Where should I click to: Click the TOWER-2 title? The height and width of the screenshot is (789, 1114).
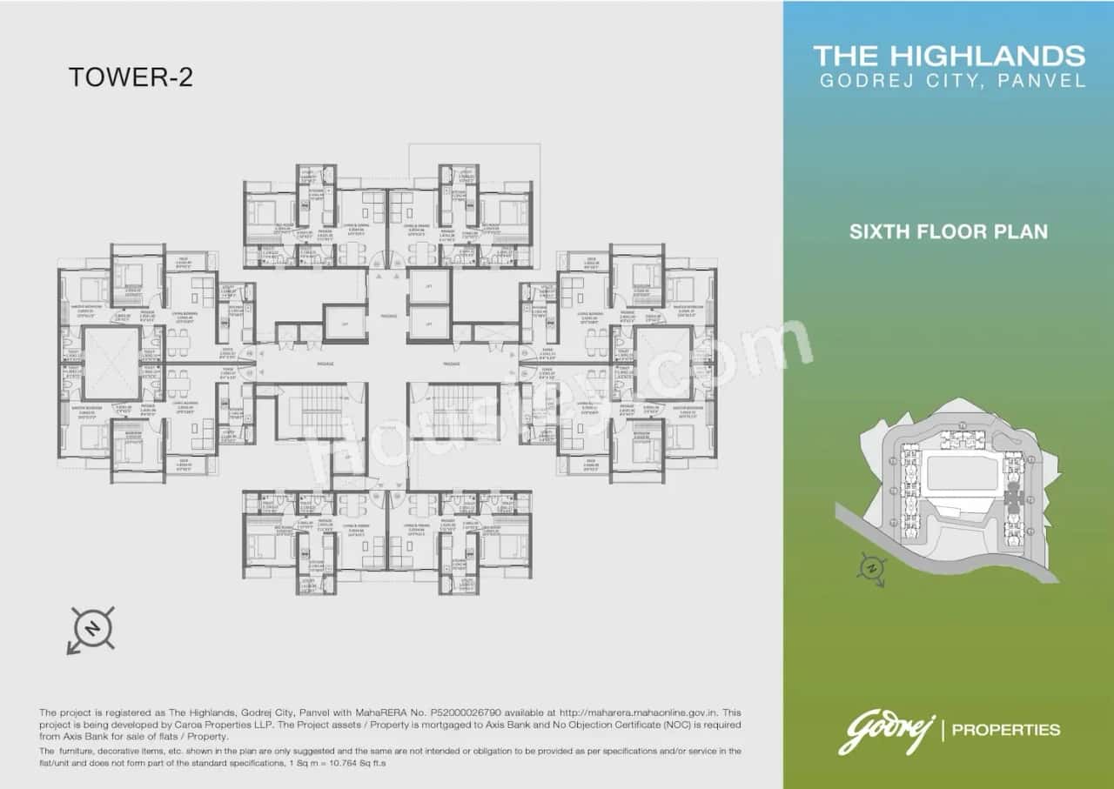(x=131, y=77)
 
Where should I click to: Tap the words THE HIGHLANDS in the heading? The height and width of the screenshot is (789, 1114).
(x=950, y=57)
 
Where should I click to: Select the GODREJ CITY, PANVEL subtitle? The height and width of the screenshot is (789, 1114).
(x=953, y=81)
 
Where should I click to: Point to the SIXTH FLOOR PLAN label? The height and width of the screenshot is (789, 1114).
(x=949, y=232)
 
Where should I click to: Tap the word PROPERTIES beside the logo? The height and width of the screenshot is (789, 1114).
(x=1006, y=730)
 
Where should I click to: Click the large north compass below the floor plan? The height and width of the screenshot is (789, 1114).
(x=90, y=628)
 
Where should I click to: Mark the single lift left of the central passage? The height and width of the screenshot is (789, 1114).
(x=346, y=323)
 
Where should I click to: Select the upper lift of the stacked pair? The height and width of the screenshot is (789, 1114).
(x=429, y=286)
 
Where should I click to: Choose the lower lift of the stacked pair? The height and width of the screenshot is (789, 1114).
(x=429, y=324)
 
